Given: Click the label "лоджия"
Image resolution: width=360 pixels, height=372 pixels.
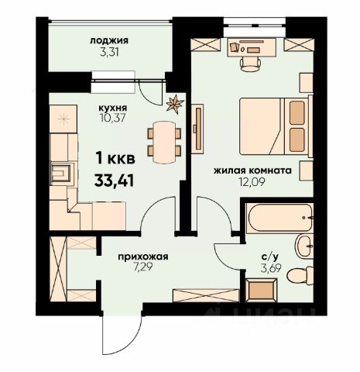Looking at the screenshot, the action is pos(109,41).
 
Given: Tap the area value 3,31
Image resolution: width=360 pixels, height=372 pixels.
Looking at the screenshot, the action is pos(109,53).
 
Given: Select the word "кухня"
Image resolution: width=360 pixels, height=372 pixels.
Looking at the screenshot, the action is pos(114,107).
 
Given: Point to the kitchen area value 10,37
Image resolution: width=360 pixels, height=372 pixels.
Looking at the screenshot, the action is pos(113,118).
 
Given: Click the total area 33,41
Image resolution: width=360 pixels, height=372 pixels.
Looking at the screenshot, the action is pos(114,181).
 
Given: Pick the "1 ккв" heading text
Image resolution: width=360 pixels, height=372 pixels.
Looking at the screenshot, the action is pos(115,158).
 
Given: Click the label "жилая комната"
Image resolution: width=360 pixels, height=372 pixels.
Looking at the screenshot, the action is pos(252,170).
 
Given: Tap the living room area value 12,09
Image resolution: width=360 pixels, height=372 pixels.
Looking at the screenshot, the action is pos(252,182).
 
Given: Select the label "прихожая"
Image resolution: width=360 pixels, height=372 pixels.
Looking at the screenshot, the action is pos(143,257).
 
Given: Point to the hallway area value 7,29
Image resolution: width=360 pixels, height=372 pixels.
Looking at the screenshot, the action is pos(143,267).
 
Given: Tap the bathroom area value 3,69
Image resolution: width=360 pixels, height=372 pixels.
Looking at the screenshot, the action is pos(270,268).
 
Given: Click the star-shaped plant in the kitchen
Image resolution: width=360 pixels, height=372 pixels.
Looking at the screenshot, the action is pos(175,104).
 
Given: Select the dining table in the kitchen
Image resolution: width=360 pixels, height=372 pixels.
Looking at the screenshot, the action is pos(164,142).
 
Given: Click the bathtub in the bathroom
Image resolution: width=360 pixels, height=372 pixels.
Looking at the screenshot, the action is pos(279,218).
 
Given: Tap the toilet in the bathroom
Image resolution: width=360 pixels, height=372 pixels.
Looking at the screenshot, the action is pos(300,276).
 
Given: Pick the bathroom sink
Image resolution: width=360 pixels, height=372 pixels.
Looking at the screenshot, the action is pos(304,246).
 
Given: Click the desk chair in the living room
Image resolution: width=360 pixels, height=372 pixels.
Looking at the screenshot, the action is pos(250,64).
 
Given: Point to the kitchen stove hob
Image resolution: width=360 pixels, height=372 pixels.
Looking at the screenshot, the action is pos(63,119).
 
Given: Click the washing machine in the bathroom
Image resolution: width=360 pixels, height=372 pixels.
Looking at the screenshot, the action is pos(262,290).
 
